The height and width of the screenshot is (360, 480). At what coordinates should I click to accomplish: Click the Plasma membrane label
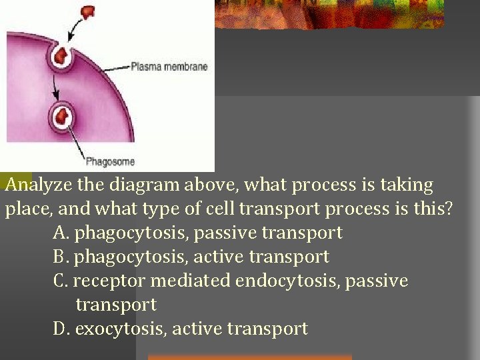tap(169, 67)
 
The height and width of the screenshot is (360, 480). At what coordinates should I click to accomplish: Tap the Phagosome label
tap(110, 161)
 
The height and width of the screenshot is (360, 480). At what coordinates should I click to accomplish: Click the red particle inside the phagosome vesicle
tap(64, 117)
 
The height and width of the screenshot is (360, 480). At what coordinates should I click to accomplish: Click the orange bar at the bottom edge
tap(249, 357)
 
